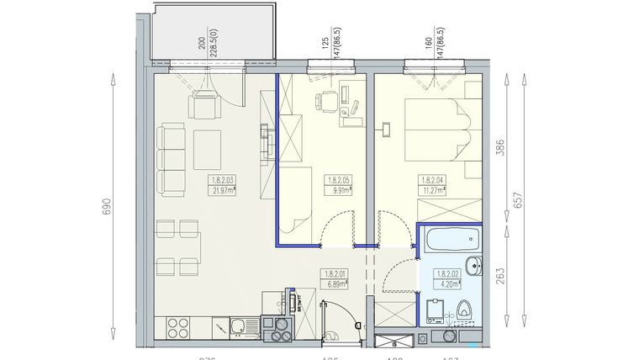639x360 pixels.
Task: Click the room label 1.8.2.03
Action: (x=223, y=179)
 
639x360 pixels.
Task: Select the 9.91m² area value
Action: (x=338, y=190)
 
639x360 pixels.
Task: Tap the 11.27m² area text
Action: (x=433, y=190)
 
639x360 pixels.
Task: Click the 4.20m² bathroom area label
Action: (x=446, y=284)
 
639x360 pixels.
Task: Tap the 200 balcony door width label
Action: (x=201, y=44)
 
